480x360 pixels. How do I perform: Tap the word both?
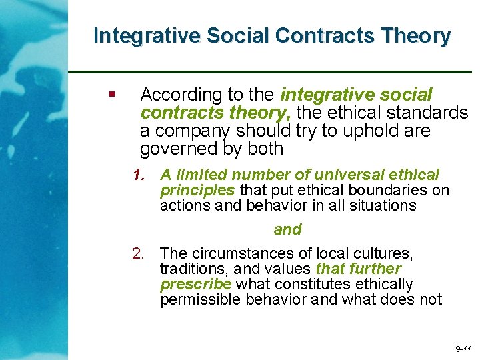click(265, 149)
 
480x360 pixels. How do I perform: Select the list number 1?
click(139, 175)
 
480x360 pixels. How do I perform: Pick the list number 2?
click(139, 254)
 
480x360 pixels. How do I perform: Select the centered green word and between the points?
click(287, 230)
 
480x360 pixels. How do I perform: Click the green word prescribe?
click(195, 285)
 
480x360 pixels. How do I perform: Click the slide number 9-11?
click(463, 349)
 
